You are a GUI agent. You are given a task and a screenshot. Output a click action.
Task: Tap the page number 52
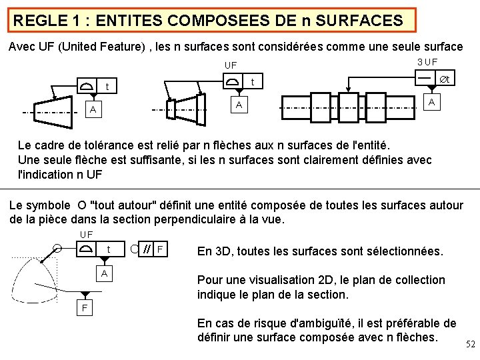tap(469, 344)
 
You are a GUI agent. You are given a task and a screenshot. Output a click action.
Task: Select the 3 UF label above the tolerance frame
tap(427, 62)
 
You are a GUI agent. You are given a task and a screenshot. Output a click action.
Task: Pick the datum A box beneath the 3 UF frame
tap(433, 102)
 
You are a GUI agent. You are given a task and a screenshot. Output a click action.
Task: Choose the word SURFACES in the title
tap(364, 21)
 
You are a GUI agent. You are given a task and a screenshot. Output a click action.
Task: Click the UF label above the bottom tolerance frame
tap(86, 234)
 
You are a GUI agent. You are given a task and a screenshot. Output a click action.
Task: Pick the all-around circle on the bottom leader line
tap(58, 249)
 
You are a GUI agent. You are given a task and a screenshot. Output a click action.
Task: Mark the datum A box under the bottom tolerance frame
tap(103, 274)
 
